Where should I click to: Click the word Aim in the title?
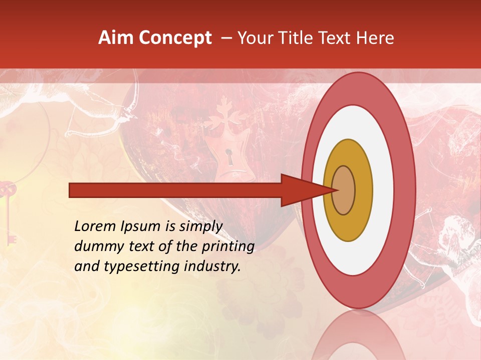[x=116, y=38]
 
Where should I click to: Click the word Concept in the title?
[x=175, y=38]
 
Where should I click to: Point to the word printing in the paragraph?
[x=231, y=247]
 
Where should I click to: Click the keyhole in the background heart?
[x=229, y=157]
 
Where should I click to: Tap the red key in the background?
[x=9, y=210]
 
